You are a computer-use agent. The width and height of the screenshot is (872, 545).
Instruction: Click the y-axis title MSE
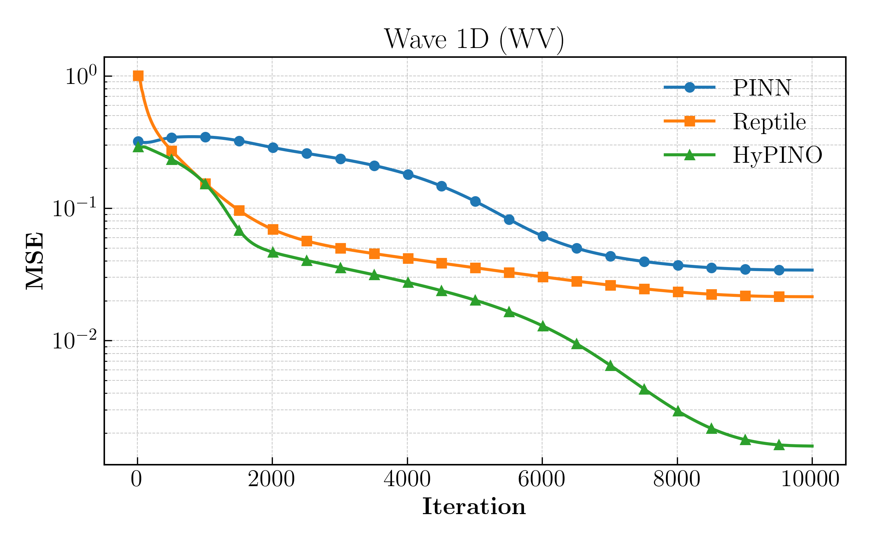[x=35, y=261]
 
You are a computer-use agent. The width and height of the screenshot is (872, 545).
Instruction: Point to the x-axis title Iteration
[x=474, y=506]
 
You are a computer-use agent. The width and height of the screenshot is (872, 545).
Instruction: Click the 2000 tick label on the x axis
[x=271, y=480]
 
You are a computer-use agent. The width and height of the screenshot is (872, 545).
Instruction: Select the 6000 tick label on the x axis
[x=541, y=480]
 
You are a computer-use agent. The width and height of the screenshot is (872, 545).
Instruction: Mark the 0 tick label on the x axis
[x=137, y=480]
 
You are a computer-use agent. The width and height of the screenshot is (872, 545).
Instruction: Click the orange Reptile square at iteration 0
[x=138, y=76]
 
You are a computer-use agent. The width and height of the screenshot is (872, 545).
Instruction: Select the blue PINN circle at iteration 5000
[x=475, y=201]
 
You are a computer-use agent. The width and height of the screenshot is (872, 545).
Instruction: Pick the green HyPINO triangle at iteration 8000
[x=678, y=411]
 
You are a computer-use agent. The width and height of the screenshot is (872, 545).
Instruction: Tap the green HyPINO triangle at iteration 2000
[x=273, y=253]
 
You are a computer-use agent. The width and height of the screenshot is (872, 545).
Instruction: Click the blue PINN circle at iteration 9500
[x=779, y=270]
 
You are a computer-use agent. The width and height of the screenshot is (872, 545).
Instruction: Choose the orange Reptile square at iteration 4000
[x=408, y=258]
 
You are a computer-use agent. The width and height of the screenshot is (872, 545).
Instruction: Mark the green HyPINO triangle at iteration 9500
[x=779, y=445]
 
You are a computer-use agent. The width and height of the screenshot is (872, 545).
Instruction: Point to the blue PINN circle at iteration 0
[x=138, y=141]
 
